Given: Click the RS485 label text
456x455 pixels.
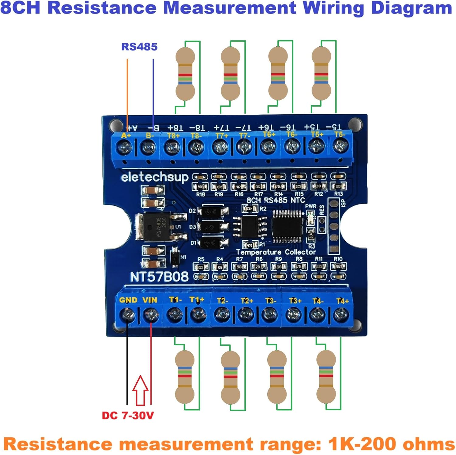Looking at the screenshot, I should click(139, 47).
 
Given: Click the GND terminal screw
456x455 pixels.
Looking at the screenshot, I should click(127, 315).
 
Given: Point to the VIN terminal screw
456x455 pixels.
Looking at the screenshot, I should click(151, 315).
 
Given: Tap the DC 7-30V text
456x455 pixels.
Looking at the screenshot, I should click(128, 415).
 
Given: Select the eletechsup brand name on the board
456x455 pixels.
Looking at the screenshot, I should click(154, 177).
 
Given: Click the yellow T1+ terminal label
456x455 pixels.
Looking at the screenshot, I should click(197, 300).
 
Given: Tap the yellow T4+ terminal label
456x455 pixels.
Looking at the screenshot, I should click(342, 301).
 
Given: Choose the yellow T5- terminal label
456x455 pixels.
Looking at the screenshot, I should click(340, 134).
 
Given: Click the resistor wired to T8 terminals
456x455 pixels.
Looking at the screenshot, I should click(185, 74).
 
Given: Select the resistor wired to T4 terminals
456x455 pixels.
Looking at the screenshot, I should click(326, 376).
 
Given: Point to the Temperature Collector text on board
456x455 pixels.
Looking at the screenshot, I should click(276, 252).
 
